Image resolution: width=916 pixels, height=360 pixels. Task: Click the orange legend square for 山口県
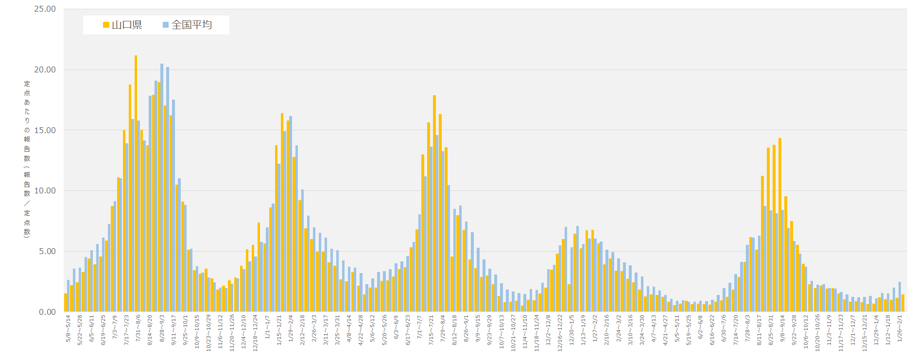coord(106,25)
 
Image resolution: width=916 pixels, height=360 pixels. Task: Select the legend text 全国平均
coord(191,25)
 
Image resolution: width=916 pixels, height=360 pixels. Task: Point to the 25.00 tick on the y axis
coord(45,9)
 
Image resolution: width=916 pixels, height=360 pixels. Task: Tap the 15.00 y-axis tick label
coord(45,130)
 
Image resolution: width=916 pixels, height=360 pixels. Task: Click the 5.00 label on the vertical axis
coord(47,251)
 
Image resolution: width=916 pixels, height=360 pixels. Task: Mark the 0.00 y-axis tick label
coord(47,312)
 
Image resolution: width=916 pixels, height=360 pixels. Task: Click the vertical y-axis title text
coord(27,159)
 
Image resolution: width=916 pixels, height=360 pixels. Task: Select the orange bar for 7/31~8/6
coord(136,185)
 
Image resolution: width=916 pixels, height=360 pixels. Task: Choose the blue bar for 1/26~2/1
coord(899,297)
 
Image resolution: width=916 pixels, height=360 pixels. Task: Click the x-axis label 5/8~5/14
coord(69,329)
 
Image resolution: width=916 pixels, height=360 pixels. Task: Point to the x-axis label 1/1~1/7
coord(268,327)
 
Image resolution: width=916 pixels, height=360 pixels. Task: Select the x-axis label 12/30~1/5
coord(571,330)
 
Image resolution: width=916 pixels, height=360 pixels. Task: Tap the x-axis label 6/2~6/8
coord(700,327)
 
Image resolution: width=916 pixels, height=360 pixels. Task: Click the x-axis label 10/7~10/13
coord(501,332)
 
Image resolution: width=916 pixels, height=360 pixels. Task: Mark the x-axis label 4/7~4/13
coord(654,329)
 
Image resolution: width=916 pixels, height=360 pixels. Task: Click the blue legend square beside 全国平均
coord(166,25)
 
